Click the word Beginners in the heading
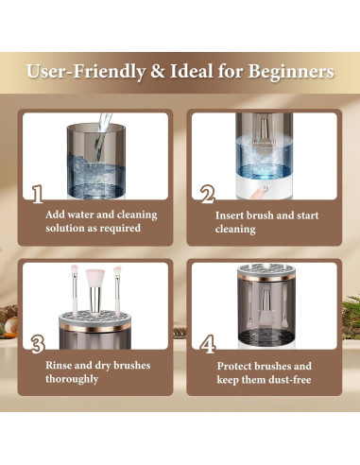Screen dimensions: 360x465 coord(291,72)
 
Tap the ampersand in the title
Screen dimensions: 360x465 coord(158,71)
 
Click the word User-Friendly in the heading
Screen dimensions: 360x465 coord(86,73)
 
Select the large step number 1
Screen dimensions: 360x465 coord(38,194)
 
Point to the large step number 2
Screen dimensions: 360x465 coord(208,194)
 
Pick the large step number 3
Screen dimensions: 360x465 coord(38,344)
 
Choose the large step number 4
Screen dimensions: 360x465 coord(208,344)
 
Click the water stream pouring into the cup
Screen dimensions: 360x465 coord(102,132)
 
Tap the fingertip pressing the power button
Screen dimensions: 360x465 coord(258,193)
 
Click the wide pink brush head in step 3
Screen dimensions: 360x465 coord(95,277)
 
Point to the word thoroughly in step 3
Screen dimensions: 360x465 coord(72,379)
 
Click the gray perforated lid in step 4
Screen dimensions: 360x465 coord(266,271)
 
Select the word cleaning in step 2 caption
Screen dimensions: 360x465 coord(235,230)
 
